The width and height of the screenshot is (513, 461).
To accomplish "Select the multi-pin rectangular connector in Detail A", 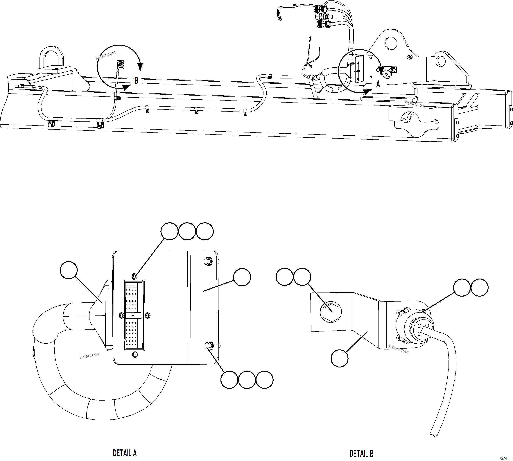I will click(x=134, y=315).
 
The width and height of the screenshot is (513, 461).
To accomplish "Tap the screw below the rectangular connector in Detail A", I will click(x=135, y=355).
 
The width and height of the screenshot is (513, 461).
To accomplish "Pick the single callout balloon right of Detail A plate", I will click(x=242, y=277).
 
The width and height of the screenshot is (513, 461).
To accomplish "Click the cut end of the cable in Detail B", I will click(x=434, y=435).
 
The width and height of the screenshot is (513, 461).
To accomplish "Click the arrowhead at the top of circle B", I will click(x=140, y=67).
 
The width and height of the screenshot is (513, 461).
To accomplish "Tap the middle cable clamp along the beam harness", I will click(x=196, y=110).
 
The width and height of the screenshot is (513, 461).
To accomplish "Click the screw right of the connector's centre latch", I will click(x=148, y=315).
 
